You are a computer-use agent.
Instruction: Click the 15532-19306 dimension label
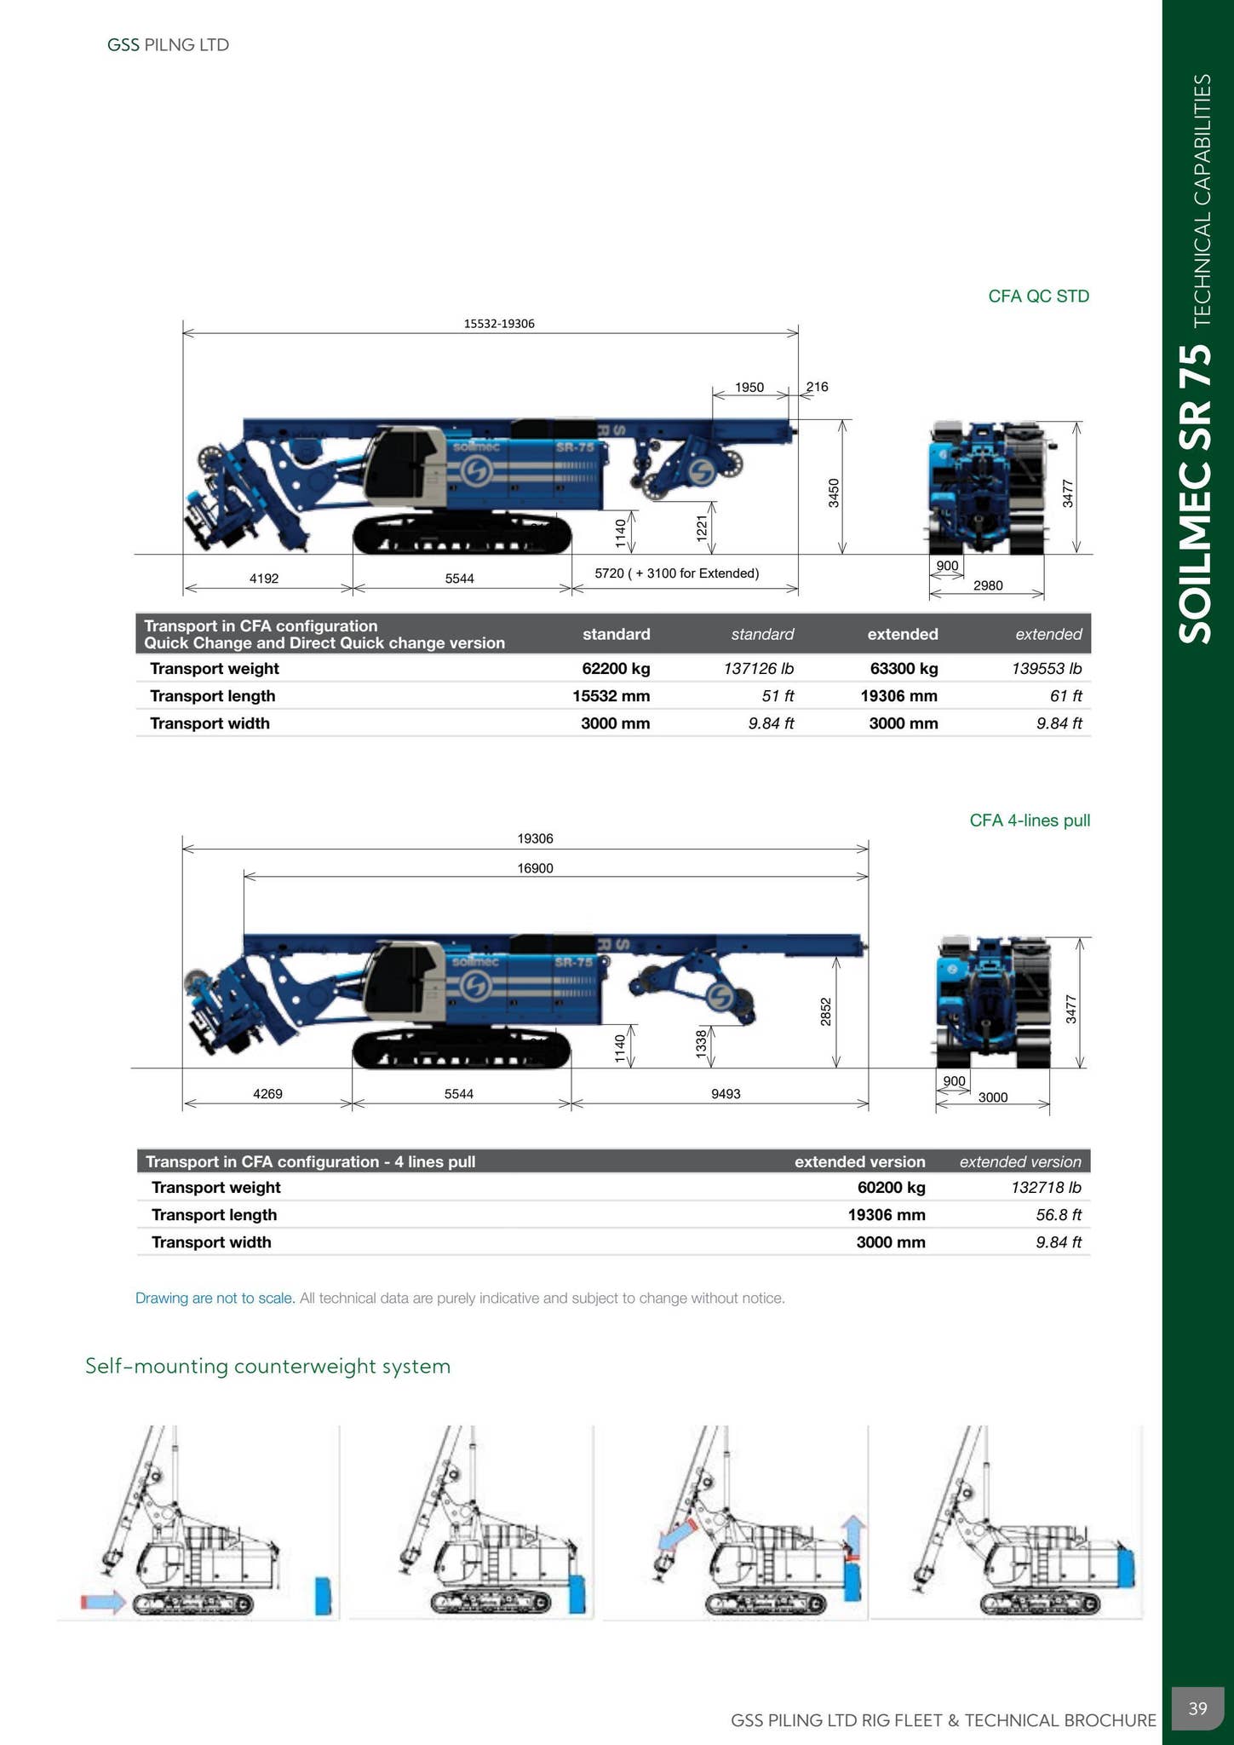pyautogui.click(x=499, y=324)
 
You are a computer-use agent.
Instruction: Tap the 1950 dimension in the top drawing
pyautogui.click(x=749, y=388)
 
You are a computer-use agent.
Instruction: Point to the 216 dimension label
pyautogui.click(x=818, y=387)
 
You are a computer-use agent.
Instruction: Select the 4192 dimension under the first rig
pyautogui.click(x=264, y=579)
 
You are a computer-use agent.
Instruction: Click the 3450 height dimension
pyautogui.click(x=835, y=493)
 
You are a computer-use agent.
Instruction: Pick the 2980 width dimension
pyautogui.click(x=988, y=585)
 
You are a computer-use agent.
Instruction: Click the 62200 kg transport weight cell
pyautogui.click(x=616, y=669)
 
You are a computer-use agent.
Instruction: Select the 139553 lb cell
pyautogui.click(x=1047, y=669)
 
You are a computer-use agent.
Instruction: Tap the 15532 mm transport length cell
pyautogui.click(x=611, y=696)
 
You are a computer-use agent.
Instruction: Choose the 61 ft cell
pyautogui.click(x=1065, y=696)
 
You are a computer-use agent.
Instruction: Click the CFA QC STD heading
pyautogui.click(x=1038, y=297)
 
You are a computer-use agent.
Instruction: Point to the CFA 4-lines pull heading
pyautogui.click(x=1030, y=821)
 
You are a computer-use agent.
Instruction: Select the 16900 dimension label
pyautogui.click(x=535, y=868)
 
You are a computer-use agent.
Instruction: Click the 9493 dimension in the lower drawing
pyautogui.click(x=726, y=1094)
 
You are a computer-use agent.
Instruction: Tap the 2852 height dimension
pyautogui.click(x=825, y=1011)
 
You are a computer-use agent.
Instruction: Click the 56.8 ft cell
pyautogui.click(x=1059, y=1215)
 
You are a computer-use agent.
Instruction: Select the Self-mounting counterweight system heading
pyautogui.click(x=267, y=1367)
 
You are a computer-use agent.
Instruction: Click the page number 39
pyautogui.click(x=1197, y=1708)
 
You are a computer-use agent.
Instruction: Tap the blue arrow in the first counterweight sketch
pyautogui.click(x=103, y=1603)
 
